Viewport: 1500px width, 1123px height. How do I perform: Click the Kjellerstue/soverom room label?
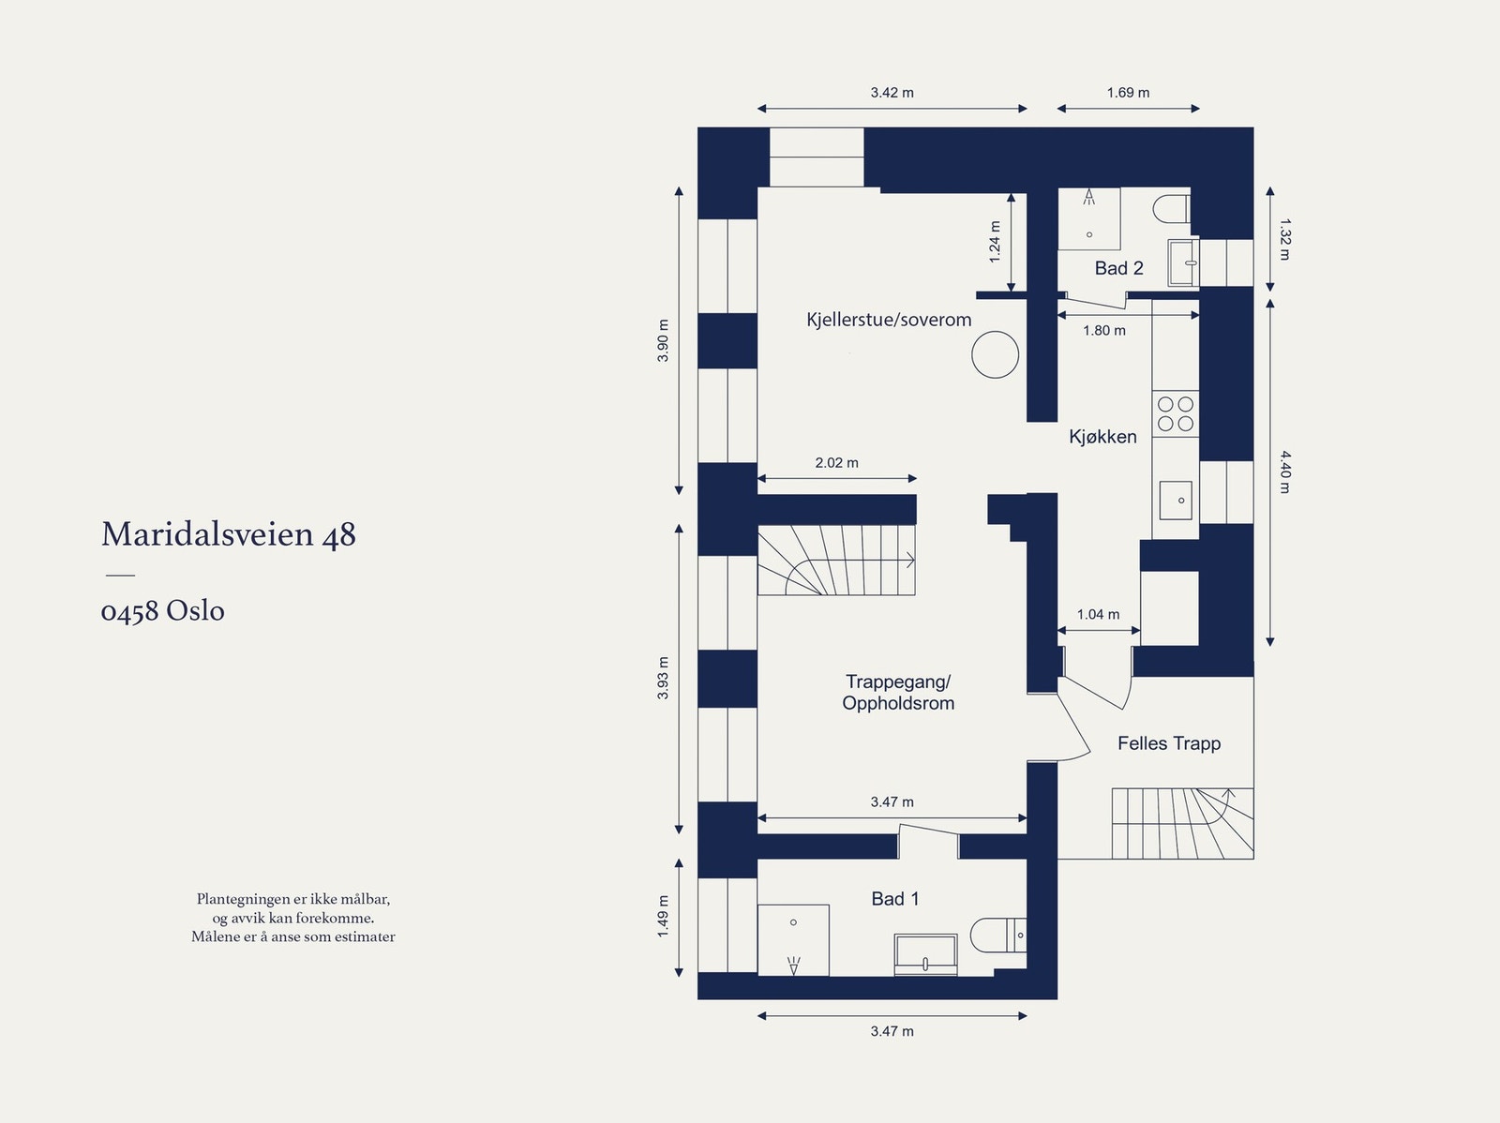[889, 320]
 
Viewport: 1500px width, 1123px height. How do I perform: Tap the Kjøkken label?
[1102, 437]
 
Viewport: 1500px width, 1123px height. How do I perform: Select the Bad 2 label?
[1118, 268]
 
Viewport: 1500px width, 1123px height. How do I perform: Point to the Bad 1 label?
[894, 899]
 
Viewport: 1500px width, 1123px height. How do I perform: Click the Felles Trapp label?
[1169, 743]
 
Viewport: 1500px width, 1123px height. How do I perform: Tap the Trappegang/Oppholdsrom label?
[898, 693]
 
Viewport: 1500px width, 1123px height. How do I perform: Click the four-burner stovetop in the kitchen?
[1176, 413]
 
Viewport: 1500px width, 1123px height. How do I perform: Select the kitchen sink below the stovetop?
[1175, 500]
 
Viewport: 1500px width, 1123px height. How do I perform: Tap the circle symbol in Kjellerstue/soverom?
[995, 354]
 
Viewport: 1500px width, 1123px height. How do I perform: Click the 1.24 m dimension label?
[995, 241]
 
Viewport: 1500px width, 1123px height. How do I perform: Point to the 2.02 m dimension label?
[836, 463]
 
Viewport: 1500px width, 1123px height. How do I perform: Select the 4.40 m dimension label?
[1284, 472]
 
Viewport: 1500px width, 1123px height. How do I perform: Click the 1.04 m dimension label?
[1098, 615]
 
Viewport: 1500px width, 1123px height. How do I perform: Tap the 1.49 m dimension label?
[663, 917]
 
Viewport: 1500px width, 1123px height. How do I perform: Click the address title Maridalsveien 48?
[229, 534]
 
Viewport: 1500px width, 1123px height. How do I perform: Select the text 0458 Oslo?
[163, 611]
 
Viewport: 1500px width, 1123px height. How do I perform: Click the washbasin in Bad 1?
[925, 954]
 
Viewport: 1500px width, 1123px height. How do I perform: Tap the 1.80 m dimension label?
[1104, 330]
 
